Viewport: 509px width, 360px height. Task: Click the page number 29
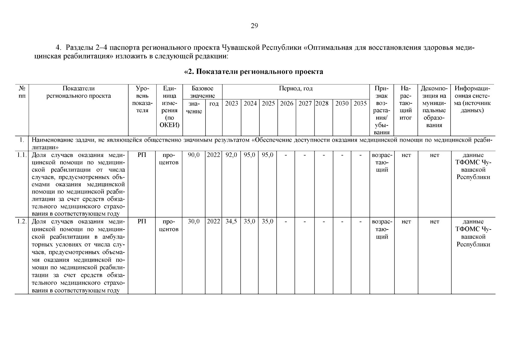254,26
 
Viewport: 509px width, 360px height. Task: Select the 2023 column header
231,103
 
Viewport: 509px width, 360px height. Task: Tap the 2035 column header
360,103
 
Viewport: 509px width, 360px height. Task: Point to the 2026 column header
286,103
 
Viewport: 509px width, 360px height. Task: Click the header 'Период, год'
295,88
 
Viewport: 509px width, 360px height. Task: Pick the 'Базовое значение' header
202,92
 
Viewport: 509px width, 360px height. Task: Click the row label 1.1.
22,155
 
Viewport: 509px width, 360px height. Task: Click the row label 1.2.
22,222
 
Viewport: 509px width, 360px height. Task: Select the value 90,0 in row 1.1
194,155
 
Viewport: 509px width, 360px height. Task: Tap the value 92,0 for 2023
231,155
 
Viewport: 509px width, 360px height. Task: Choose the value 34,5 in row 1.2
231,222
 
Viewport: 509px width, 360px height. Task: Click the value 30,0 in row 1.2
194,222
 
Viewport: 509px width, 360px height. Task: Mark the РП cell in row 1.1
142,155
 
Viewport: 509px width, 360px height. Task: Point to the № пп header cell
22,92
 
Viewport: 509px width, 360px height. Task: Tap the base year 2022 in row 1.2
214,222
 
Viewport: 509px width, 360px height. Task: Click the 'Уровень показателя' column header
142,99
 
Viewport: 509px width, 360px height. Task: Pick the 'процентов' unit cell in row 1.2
169,226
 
